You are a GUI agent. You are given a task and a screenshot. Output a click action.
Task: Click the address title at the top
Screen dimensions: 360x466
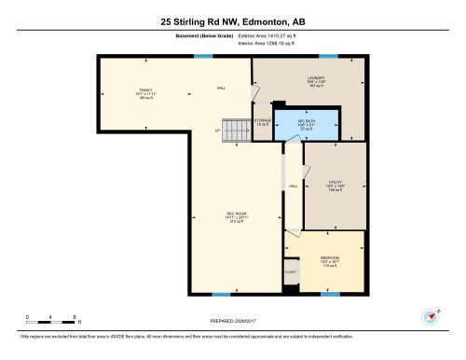pyautogui.click(x=233, y=18)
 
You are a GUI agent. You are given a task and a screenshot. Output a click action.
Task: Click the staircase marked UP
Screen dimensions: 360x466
pyautogui.click(x=238, y=132)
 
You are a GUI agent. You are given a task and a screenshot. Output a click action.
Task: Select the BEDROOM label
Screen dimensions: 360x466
pyautogui.click(x=330, y=259)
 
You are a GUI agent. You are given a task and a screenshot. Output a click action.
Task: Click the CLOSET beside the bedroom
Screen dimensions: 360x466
pyautogui.click(x=291, y=271)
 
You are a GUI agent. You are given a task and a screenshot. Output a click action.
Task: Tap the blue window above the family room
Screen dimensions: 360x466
pyautogui.click(x=199, y=57)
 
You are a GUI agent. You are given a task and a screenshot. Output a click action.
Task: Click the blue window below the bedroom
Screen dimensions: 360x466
pyautogui.click(x=329, y=293)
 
